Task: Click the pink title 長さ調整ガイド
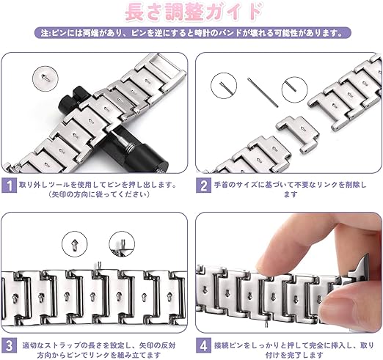[194, 12]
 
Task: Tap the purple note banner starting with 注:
[193, 33]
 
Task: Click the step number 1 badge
[9, 185]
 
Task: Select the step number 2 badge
[203, 185]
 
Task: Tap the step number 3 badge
[9, 345]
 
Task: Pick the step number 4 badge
[203, 345]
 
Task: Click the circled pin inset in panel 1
[45, 78]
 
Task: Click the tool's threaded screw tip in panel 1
[129, 147]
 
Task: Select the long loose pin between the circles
[263, 92]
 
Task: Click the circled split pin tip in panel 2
[224, 86]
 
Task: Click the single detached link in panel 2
[297, 133]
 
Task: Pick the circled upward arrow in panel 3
[74, 244]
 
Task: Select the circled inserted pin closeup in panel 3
[122, 244]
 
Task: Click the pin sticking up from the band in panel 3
[99, 265]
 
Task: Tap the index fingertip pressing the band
[270, 262]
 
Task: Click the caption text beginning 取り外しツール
[98, 189]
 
